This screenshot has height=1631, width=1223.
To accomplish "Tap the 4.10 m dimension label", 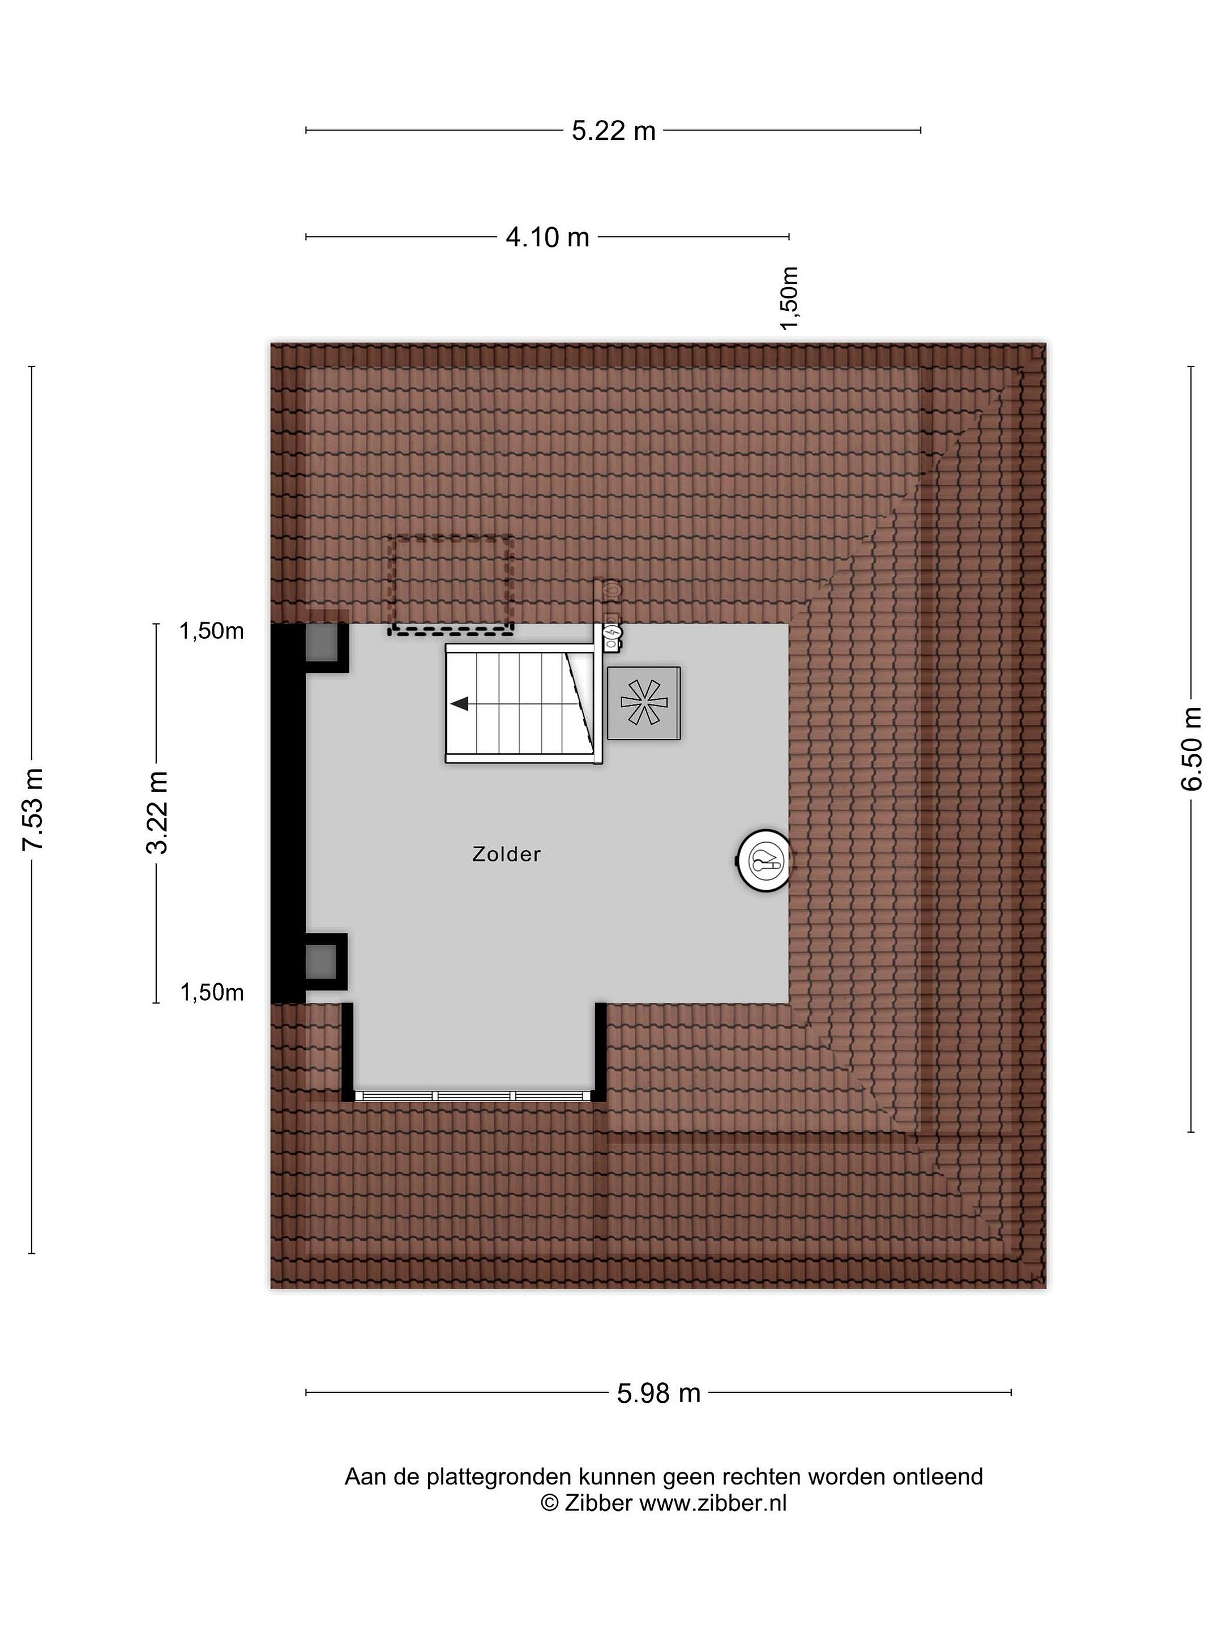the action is coord(547,237).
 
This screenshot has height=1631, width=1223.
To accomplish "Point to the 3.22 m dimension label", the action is coord(157,812).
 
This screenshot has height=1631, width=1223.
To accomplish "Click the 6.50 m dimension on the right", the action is coord(1191,749).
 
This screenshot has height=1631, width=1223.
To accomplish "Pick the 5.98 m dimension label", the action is coord(658,1393).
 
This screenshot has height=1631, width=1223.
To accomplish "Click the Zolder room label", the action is coord(506,854).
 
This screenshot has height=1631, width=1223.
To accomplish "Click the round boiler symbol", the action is coord(764,860).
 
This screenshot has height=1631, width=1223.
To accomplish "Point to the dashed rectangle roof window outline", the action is coord(451,584).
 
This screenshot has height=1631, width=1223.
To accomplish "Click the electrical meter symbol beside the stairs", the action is coord(611,635).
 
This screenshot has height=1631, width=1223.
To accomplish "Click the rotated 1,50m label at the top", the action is coord(789,298).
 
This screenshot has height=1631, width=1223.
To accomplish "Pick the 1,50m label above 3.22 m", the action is coord(212,631).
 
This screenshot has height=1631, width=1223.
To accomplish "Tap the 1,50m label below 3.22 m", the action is coord(212,992).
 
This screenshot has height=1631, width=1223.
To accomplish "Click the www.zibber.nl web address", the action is coord(713,1502).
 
